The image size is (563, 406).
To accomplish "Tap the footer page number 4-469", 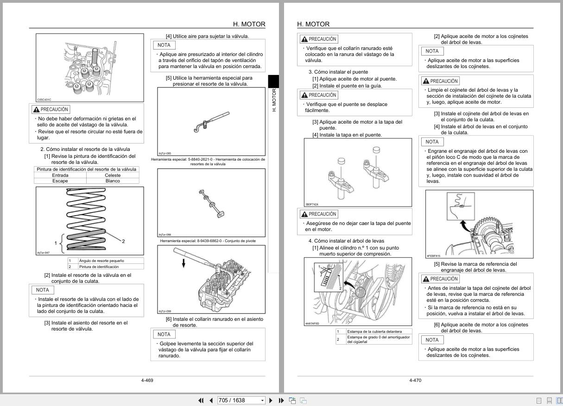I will click(x=147, y=381).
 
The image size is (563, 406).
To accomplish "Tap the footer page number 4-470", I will click(x=415, y=381).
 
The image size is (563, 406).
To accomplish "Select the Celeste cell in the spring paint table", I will click(x=113, y=175).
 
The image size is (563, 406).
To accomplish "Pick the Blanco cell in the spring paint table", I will click(x=113, y=181).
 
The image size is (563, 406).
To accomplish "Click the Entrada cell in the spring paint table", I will click(x=60, y=175).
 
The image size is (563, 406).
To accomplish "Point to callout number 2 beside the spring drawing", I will click(x=123, y=241).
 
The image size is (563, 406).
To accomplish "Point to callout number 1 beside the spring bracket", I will click(x=56, y=243).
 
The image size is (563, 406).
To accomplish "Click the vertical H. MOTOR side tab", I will click(x=273, y=100).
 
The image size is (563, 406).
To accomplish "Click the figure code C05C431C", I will click(x=44, y=100).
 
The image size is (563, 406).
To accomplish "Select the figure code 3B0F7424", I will click(x=312, y=204).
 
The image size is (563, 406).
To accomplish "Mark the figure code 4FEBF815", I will click(x=433, y=256).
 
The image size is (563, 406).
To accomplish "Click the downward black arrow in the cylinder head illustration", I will click(x=183, y=263).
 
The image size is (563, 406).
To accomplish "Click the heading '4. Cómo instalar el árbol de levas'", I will click(x=346, y=241).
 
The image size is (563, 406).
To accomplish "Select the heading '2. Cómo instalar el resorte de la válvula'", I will click(x=85, y=149).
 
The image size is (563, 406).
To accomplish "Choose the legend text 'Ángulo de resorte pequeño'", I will click(x=101, y=261).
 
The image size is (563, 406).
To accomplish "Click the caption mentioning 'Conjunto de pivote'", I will click(x=208, y=241).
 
